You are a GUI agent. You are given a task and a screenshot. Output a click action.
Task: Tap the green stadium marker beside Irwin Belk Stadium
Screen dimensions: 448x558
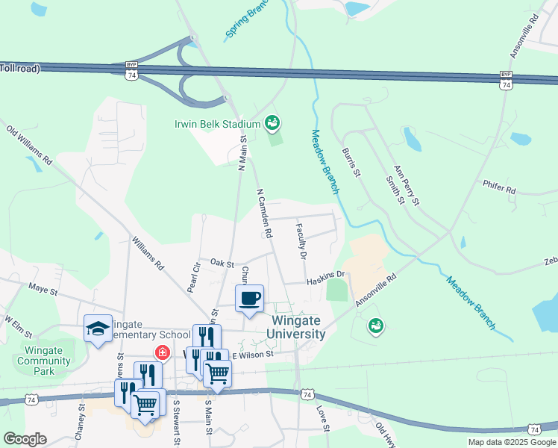272,122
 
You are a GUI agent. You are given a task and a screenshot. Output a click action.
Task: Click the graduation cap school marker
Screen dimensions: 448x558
98,329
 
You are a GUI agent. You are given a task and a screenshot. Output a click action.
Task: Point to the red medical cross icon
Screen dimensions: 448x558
160,352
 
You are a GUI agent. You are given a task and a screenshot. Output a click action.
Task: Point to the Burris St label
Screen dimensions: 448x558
351,162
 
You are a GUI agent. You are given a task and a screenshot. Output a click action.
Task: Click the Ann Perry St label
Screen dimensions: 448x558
407,185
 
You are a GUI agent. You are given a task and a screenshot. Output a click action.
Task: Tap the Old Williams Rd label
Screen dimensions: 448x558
29,146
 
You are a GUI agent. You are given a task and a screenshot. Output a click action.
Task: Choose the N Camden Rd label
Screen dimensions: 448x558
264,213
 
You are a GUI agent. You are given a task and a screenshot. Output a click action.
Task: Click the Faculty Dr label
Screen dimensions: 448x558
302,240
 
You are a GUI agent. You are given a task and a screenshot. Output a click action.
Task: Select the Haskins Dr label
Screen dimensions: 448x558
325,278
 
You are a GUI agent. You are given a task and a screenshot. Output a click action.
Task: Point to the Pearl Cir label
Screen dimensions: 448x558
197,276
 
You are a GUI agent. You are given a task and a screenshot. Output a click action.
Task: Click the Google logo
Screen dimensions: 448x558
25,439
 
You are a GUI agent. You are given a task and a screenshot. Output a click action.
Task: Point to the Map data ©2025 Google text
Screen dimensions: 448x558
512,442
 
